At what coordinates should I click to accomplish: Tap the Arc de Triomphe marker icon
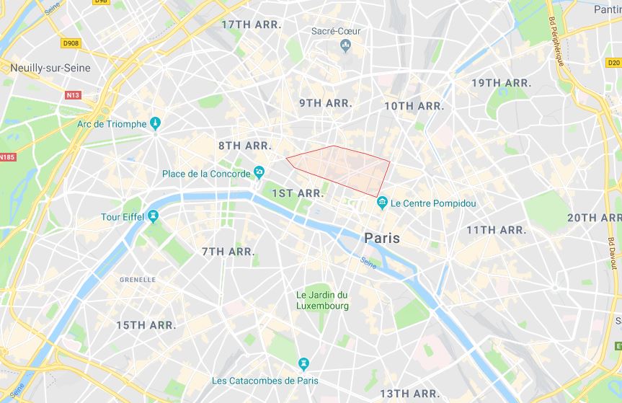coord(154,124)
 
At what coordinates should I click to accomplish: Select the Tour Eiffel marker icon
coord(153,217)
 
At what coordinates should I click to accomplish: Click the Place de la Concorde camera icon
coord(259,173)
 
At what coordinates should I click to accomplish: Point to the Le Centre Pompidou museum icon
coord(381,203)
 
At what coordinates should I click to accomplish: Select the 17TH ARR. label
coord(250,25)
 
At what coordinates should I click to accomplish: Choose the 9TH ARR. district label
coord(325,103)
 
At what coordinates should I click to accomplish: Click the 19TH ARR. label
coord(501,83)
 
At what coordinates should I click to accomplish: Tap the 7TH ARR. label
coord(228,252)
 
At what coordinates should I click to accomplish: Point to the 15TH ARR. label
coord(146,325)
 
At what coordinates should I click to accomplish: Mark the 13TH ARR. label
coord(409,394)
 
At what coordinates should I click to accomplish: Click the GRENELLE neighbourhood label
coord(137,280)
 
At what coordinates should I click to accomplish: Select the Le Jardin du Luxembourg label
coord(322,300)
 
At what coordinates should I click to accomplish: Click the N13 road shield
coord(73,94)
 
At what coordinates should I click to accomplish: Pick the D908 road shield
coord(70,44)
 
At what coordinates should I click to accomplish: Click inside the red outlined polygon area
coord(339,166)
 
